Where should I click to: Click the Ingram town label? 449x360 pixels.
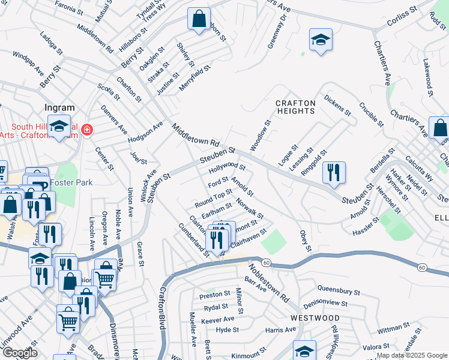59,108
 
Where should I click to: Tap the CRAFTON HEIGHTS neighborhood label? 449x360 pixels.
295,107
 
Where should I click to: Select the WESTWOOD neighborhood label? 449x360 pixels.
315,317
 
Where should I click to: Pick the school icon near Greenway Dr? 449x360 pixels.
321,40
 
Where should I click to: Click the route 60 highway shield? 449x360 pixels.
267,263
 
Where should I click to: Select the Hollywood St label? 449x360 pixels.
228,166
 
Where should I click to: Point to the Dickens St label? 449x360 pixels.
337,104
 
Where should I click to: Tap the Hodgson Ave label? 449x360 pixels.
145,133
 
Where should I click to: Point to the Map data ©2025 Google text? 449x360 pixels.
411,355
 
